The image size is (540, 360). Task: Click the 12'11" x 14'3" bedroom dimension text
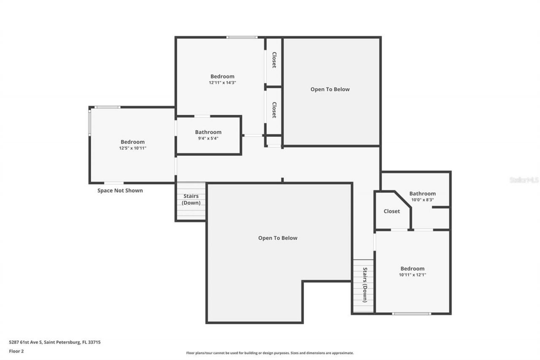pyautogui.click(x=222, y=83)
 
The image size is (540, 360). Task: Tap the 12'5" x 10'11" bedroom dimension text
pyautogui.click(x=132, y=148)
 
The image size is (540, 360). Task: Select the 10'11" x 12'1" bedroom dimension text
pyautogui.click(x=412, y=275)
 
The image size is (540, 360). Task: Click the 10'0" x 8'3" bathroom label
pyautogui.click(x=422, y=194)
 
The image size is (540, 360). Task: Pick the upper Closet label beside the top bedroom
pyautogui.click(x=274, y=60)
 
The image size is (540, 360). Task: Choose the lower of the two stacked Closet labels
pyautogui.click(x=274, y=110)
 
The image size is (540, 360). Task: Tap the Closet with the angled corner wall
pyautogui.click(x=391, y=211)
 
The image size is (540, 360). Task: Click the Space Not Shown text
pyautogui.click(x=120, y=190)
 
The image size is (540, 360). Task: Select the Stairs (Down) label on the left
pyautogui.click(x=191, y=200)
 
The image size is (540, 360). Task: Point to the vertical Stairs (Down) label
pyautogui.click(x=364, y=285)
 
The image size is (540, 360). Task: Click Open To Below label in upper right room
pyautogui.click(x=330, y=89)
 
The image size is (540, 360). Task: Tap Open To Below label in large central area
pyautogui.click(x=278, y=238)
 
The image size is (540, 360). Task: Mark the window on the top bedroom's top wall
pyautogui.click(x=242, y=38)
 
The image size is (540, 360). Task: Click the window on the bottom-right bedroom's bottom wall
pyautogui.click(x=411, y=314)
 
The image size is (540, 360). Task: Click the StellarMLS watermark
pyautogui.click(x=524, y=180)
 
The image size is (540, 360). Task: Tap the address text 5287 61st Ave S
pyautogui.click(x=55, y=342)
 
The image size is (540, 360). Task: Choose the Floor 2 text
pyautogui.click(x=16, y=351)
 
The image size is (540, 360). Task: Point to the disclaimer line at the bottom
pyautogui.click(x=270, y=353)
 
